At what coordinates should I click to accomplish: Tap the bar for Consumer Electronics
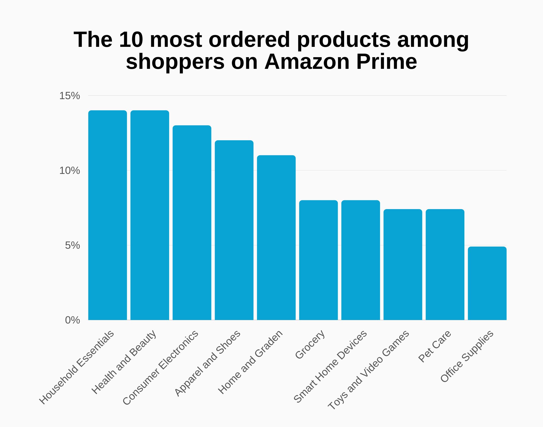pyautogui.click(x=192, y=223)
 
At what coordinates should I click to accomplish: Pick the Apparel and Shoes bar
pyautogui.click(x=234, y=230)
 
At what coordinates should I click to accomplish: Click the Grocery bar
pyautogui.click(x=318, y=260)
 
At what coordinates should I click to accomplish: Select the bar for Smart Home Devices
pyautogui.click(x=360, y=260)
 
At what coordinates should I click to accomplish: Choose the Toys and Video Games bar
pyautogui.click(x=403, y=264)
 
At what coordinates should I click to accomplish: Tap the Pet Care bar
pyautogui.click(x=445, y=264)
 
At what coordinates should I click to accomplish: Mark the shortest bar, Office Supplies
pyautogui.click(x=487, y=283)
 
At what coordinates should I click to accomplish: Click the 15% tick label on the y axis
pyautogui.click(x=70, y=96)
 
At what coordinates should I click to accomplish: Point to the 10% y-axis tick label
pyautogui.click(x=70, y=171)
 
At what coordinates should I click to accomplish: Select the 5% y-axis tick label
pyautogui.click(x=72, y=245)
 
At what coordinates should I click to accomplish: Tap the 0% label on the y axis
pyautogui.click(x=72, y=320)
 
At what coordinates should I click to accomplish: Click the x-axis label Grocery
pyautogui.click(x=310, y=345)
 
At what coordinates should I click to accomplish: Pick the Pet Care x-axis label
pyautogui.click(x=435, y=346)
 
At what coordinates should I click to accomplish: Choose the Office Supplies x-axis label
pyautogui.click(x=467, y=357)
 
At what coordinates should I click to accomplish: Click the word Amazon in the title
pyautogui.click(x=307, y=62)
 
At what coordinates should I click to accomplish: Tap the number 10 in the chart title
pyautogui.click(x=131, y=40)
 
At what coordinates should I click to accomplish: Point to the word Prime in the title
pyautogui.click(x=387, y=62)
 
